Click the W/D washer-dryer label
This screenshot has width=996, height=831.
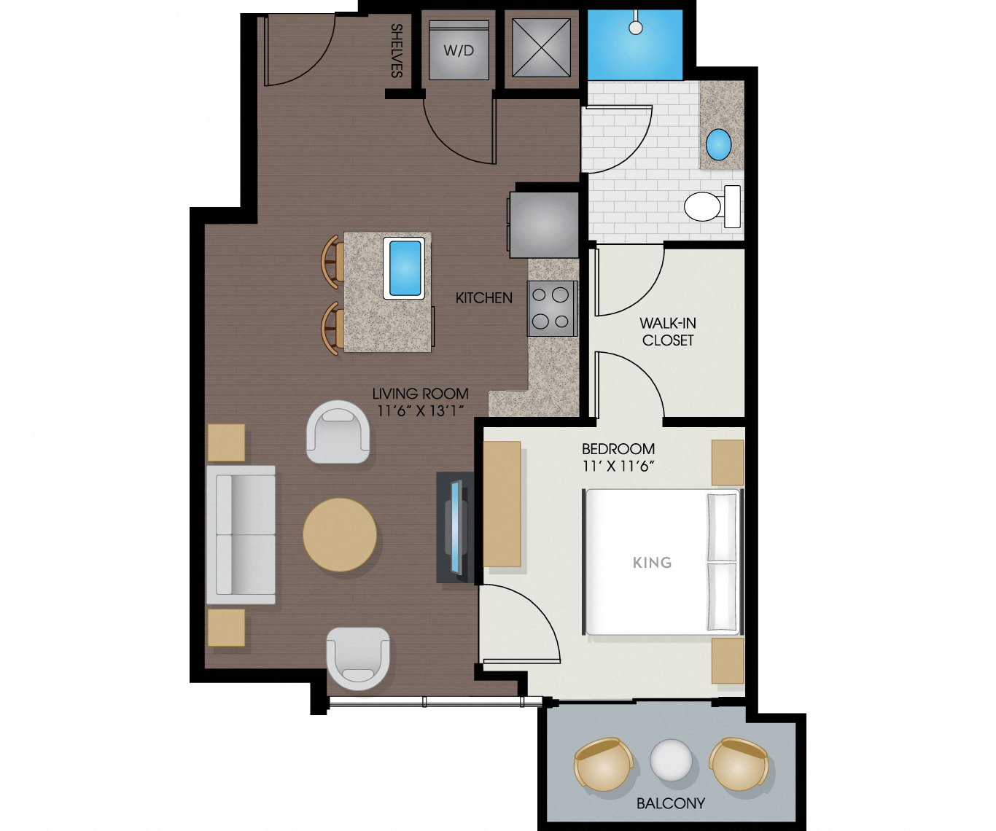(x=459, y=50)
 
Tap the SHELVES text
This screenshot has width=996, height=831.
(x=397, y=50)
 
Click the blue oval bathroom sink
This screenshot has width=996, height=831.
(x=718, y=144)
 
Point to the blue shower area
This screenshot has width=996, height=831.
(x=634, y=46)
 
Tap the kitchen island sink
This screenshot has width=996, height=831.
(x=403, y=268)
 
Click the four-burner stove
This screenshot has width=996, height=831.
(x=550, y=308)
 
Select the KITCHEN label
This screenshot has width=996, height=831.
(x=483, y=297)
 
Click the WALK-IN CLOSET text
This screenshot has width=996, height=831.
(x=667, y=331)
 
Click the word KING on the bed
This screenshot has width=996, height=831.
(x=652, y=562)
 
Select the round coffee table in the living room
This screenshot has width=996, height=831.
(x=340, y=534)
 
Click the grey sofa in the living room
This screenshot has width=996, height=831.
(x=241, y=534)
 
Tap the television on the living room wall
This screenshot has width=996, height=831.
(x=456, y=527)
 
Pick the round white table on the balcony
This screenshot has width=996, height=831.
(x=671, y=760)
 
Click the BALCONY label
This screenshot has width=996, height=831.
(x=670, y=803)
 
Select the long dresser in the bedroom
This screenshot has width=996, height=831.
(x=502, y=504)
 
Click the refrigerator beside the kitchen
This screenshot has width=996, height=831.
(x=544, y=224)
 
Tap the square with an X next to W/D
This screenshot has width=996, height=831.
(x=540, y=47)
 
